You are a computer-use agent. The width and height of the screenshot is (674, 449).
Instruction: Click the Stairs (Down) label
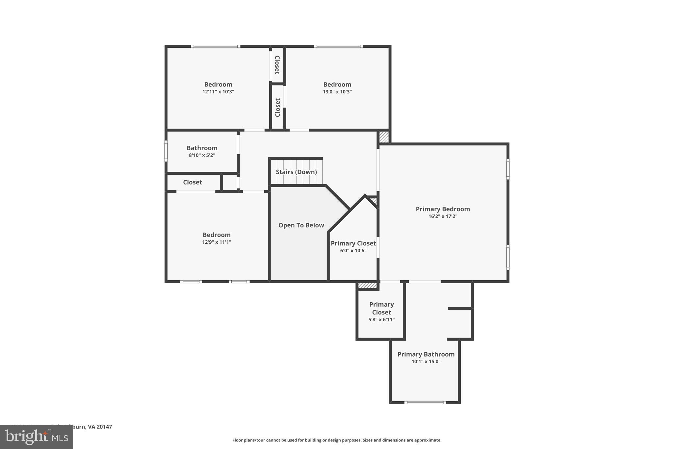click(296, 172)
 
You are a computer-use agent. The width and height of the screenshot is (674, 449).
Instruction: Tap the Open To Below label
click(301, 225)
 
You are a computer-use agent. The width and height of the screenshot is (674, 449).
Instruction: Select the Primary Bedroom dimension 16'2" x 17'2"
click(443, 216)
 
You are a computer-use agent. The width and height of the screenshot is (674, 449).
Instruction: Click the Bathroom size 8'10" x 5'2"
click(202, 155)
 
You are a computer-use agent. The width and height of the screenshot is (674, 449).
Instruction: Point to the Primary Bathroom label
click(426, 354)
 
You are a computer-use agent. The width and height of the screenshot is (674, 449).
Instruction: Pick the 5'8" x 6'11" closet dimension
click(381, 320)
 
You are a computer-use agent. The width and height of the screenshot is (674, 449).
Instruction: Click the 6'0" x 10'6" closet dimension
click(353, 251)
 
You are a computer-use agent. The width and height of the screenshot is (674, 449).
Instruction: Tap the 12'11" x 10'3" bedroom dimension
click(218, 92)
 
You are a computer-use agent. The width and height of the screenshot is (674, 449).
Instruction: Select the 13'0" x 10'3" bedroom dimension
click(337, 92)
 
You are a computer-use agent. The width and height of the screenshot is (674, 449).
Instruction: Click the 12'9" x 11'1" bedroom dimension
click(217, 242)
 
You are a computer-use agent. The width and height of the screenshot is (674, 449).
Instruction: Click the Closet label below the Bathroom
click(193, 182)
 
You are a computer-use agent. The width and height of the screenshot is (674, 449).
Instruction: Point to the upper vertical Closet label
click(277, 65)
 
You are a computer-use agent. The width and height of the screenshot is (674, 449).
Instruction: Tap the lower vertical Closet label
click(277, 108)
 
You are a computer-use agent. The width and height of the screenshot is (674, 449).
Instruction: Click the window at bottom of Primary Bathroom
click(425, 402)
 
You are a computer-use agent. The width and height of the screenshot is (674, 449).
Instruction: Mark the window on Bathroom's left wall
click(166, 151)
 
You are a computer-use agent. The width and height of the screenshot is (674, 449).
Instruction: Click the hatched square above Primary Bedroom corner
click(384, 137)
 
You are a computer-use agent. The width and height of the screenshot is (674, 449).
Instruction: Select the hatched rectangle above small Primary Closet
click(367, 286)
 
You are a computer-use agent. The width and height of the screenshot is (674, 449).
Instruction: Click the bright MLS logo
click(37, 437)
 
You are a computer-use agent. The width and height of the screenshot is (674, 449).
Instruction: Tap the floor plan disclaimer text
click(337, 440)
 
